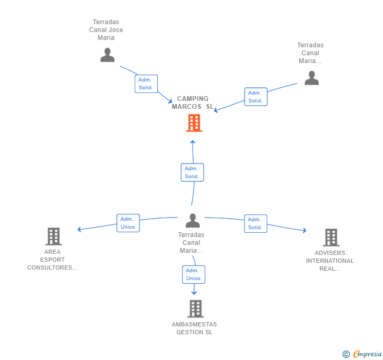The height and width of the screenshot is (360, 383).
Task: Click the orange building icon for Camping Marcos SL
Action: tap(194, 124)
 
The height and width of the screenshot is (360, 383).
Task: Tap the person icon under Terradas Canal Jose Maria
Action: tap(107, 55)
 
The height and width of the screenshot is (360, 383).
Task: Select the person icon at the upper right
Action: tap(311, 78)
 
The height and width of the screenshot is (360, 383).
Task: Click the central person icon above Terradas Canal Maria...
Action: tap(193, 220)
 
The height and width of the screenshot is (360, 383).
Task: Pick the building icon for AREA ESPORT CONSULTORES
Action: tap(54, 236)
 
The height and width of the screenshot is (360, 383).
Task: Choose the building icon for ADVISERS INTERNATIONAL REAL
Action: tap(331, 237)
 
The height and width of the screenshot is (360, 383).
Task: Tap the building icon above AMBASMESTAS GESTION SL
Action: tap(195, 308)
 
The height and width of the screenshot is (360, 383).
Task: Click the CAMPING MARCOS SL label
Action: tap(193, 102)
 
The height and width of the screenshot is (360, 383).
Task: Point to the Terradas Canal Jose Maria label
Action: tap(106, 30)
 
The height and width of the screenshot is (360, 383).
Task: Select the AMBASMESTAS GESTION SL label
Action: tap(195, 328)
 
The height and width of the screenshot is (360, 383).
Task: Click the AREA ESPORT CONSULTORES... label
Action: tap(52, 260)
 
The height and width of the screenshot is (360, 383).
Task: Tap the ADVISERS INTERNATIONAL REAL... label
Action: tap(330, 261)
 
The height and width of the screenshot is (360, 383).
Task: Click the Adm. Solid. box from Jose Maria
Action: tap(146, 84)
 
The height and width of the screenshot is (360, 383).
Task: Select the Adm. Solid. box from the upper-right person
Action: tap(256, 97)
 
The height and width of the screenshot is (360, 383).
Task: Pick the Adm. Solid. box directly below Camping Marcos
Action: tap(192, 172)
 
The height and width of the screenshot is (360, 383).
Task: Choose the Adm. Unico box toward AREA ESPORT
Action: tap(128, 223)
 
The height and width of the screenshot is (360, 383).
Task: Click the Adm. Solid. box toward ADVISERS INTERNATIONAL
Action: tap(256, 223)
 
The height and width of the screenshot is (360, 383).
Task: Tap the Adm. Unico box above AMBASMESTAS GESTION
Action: tap(194, 274)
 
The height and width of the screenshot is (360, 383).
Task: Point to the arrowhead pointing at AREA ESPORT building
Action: tap(79, 229)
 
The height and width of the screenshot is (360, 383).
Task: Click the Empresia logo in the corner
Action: tap(362, 354)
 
